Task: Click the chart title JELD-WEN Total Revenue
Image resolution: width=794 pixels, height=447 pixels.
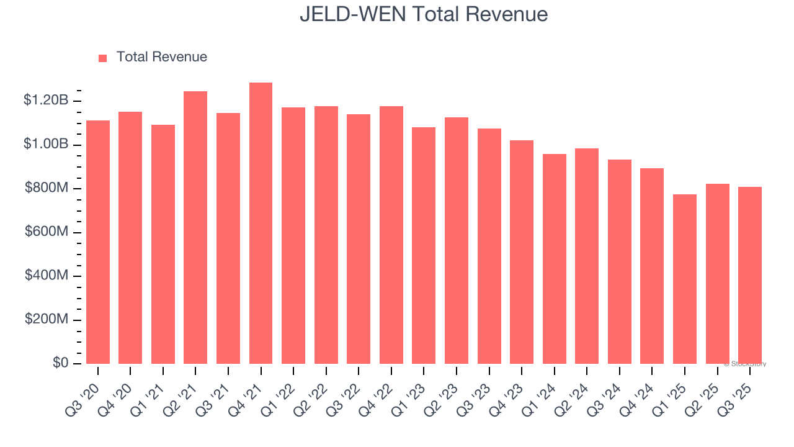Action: coord(424,14)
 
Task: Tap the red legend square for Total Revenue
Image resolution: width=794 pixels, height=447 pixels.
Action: coord(103,58)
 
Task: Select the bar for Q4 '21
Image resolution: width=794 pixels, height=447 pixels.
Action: coord(261,223)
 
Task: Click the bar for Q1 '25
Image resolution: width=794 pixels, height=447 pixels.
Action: coord(685,279)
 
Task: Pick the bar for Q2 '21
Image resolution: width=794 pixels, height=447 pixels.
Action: coord(195,228)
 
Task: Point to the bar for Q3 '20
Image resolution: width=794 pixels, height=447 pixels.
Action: coord(98,242)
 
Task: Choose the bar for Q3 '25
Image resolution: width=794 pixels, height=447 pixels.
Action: coord(750,276)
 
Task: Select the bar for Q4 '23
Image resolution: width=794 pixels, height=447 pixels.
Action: coord(522,252)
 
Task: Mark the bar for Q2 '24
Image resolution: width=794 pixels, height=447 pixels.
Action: coord(587,256)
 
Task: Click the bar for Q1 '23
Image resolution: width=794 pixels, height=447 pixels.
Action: coord(424,246)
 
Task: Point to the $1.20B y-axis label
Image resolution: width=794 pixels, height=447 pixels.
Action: coord(46,101)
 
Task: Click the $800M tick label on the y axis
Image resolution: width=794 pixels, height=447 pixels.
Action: coord(47,187)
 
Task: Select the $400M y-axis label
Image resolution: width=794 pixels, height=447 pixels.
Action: coord(47,275)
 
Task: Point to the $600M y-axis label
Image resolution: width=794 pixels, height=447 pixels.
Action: coord(47,232)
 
